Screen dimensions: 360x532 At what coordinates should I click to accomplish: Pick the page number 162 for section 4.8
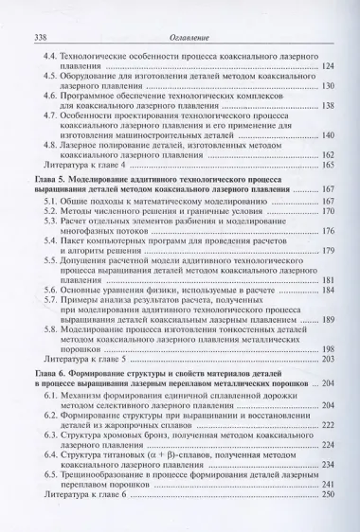[329, 154]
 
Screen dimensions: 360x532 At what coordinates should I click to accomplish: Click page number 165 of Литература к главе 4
[329, 166]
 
